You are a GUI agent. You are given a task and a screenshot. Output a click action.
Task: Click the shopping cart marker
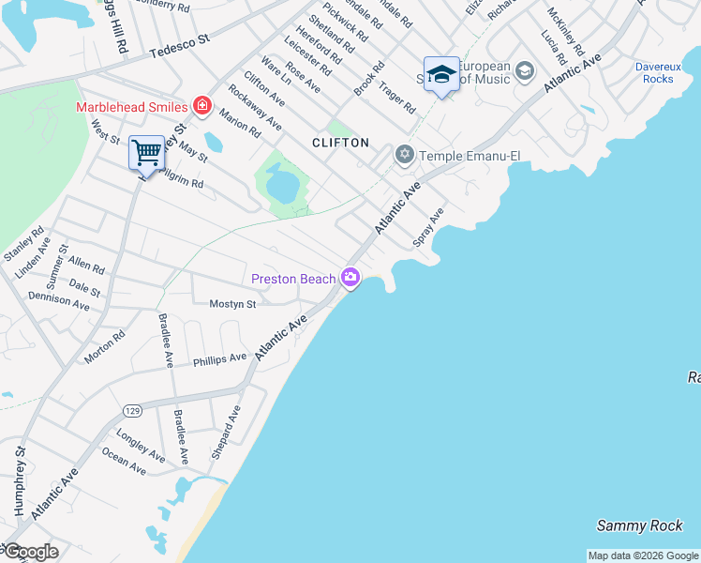click(146, 151)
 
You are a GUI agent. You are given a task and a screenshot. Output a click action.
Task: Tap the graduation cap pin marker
click(440, 72)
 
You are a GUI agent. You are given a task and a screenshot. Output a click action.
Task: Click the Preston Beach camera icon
click(350, 277)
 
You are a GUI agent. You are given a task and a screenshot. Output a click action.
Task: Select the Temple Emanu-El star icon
click(405, 154)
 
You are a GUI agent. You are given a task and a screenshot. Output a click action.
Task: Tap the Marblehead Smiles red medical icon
click(201, 105)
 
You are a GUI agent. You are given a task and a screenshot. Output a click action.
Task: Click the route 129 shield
click(131, 411)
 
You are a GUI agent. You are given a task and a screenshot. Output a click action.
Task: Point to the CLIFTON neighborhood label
click(341, 143)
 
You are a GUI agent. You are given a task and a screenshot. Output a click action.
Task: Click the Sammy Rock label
click(640, 525)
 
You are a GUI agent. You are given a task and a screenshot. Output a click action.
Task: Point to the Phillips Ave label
click(219, 358)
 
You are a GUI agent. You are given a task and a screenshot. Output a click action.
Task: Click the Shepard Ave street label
click(226, 433)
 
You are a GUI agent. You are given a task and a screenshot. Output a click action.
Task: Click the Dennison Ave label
click(59, 301)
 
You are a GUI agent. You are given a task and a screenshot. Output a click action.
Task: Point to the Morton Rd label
click(105, 348)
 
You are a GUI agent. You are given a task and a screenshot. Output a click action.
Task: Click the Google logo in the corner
click(30, 552)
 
